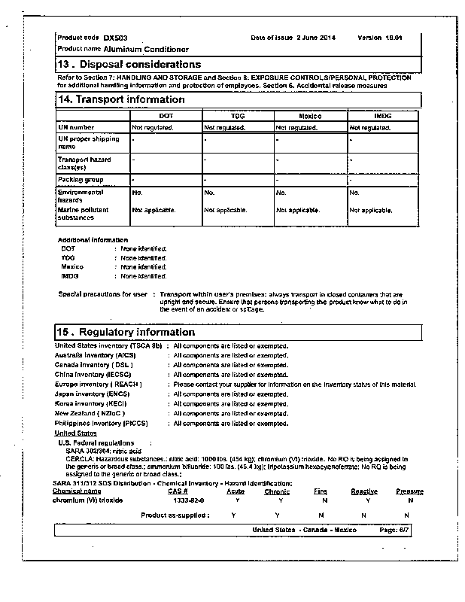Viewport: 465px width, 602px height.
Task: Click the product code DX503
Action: pyautogui.click(x=116, y=37)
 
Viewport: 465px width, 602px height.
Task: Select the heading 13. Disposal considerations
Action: pyautogui.click(x=129, y=65)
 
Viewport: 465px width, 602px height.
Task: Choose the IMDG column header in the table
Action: pyautogui.click(x=382, y=117)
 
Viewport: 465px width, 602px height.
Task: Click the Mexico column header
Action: pyautogui.click(x=309, y=117)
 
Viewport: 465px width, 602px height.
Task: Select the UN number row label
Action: pyautogui.click(x=76, y=128)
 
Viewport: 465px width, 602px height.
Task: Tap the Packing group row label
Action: pyautogui.click(x=81, y=181)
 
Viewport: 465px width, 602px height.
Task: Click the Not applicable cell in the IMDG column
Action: pyautogui.click(x=372, y=210)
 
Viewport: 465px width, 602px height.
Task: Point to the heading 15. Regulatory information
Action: pyautogui.click(x=126, y=332)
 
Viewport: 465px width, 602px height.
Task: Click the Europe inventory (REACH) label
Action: pyautogui.click(x=99, y=384)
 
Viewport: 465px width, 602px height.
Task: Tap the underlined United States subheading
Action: pyautogui.click(x=75, y=433)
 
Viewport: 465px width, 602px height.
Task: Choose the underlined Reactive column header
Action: pyautogui.click(x=364, y=491)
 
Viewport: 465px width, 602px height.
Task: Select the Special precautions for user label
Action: pyautogui.click(x=102, y=294)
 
